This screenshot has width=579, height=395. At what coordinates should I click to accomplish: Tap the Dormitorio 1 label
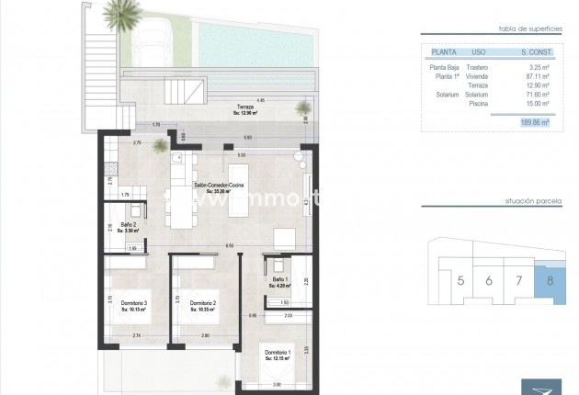278,355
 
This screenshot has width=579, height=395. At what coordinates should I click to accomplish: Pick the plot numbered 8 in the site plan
550,280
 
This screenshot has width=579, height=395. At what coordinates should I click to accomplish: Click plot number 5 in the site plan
460,280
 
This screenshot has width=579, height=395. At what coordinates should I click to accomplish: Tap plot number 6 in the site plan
489,280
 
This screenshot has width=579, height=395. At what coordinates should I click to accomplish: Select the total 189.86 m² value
534,121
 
